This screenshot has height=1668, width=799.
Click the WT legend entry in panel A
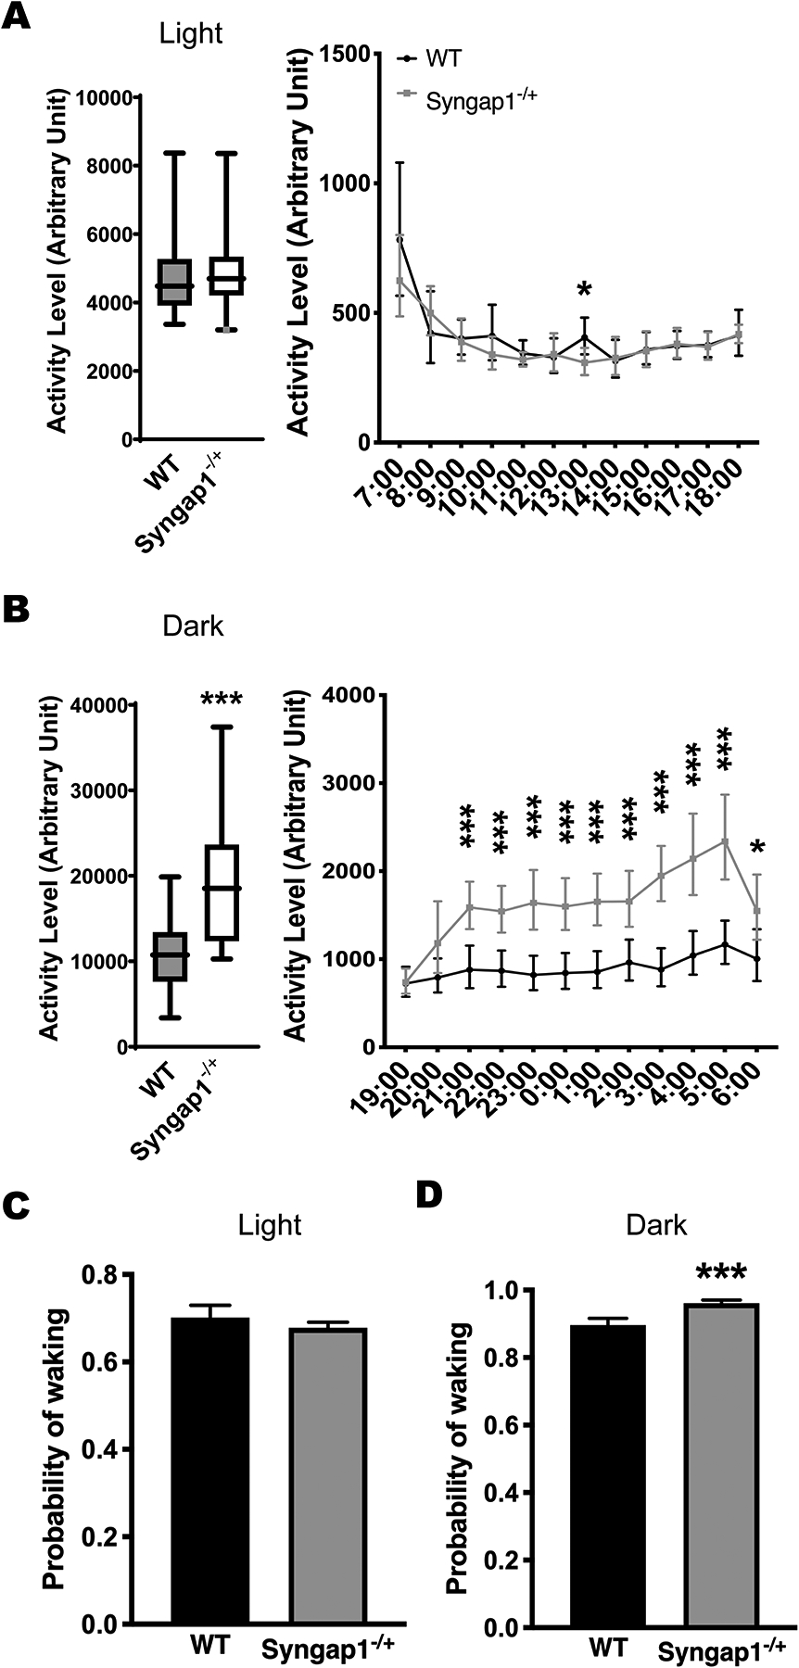click(443, 59)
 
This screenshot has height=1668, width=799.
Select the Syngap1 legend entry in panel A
click(480, 98)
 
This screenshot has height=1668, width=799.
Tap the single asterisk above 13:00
click(584, 291)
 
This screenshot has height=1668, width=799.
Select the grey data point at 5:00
click(726, 840)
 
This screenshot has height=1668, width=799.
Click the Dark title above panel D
click(656, 1225)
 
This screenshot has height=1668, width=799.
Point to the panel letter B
click(19, 610)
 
